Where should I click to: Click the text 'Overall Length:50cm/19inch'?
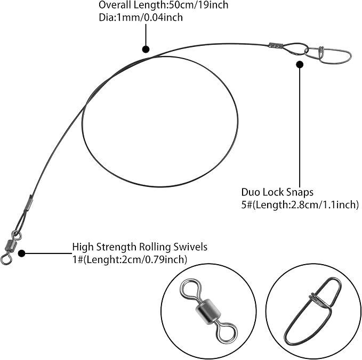(164, 5)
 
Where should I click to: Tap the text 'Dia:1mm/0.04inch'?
(141, 17)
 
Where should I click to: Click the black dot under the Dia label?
(146, 49)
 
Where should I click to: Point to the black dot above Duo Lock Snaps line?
(300, 64)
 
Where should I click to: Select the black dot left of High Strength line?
(22, 253)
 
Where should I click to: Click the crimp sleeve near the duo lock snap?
(276, 45)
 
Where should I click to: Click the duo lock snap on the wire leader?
(328, 55)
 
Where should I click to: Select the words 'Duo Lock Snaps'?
(277, 192)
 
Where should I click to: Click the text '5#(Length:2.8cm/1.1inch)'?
(300, 205)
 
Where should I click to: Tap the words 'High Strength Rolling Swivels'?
(140, 247)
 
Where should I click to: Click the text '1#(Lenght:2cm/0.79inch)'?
(130, 259)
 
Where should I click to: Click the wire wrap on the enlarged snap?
(317, 300)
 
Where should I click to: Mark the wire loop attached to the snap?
(294, 49)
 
